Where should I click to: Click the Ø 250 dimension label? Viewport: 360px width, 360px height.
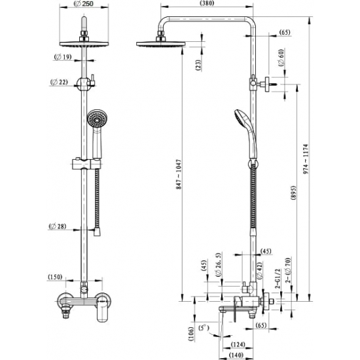[x=84, y=4]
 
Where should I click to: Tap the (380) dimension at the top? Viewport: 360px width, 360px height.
[x=207, y=3]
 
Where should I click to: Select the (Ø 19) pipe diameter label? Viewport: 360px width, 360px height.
[x=63, y=56]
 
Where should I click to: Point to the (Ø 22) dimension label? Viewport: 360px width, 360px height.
[x=59, y=82]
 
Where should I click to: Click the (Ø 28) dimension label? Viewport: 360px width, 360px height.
[x=58, y=226]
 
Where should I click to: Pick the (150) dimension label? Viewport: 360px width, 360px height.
[x=55, y=277]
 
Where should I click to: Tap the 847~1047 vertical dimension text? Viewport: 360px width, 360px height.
[x=179, y=175]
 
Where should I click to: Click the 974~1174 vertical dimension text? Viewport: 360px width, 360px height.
[x=306, y=159]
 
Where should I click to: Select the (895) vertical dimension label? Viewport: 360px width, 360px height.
[x=294, y=193]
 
